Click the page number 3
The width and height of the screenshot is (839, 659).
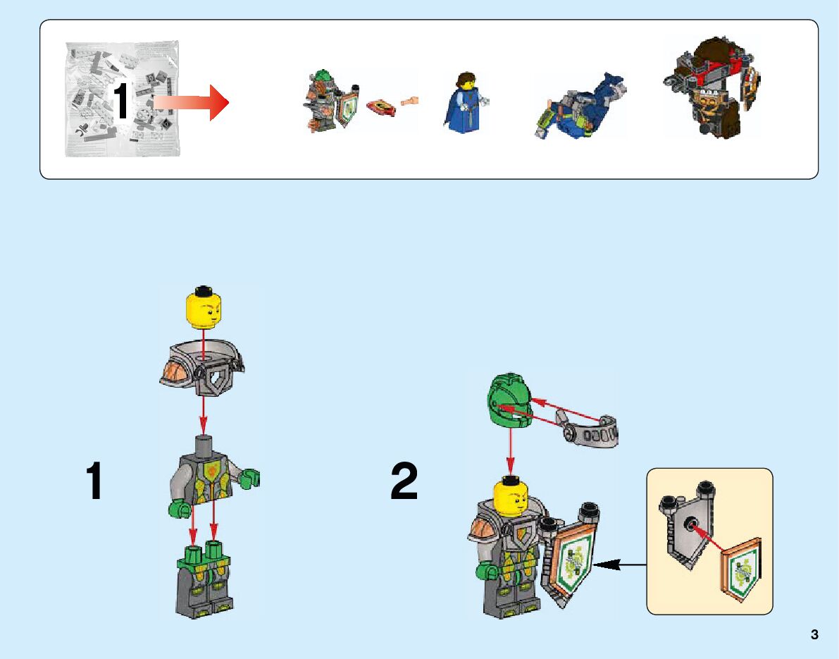click(814, 634)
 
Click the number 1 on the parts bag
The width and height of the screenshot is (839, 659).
click(120, 101)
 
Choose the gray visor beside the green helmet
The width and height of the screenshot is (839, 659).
click(589, 430)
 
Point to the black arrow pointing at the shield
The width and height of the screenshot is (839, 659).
click(619, 564)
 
